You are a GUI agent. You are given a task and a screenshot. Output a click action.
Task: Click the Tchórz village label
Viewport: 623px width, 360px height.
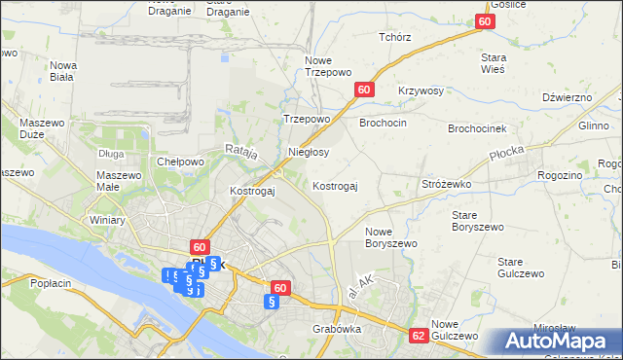point(395,36)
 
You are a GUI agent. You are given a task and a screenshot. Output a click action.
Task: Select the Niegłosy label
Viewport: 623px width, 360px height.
point(310,152)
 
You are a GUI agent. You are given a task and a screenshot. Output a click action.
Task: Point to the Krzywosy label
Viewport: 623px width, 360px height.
point(421,90)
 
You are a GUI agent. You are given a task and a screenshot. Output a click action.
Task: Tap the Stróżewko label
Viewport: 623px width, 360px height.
point(446,183)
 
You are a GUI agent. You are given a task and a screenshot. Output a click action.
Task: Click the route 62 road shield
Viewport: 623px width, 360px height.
point(419,335)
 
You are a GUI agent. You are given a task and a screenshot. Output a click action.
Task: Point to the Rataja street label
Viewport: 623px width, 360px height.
point(240,151)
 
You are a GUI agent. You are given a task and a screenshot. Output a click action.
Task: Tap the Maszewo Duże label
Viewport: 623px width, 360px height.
point(41,130)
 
